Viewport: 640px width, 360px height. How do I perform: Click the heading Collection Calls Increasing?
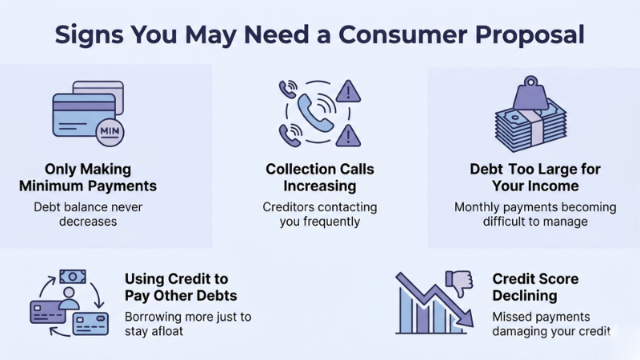click(320, 178)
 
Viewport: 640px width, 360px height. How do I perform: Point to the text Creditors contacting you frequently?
click(319, 214)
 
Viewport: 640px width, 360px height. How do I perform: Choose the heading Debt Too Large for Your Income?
click(534, 178)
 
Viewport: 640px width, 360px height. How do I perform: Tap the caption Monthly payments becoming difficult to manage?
click(535, 214)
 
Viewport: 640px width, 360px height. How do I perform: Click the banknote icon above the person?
click(72, 277)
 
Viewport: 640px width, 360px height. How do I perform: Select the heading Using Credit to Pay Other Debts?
click(181, 287)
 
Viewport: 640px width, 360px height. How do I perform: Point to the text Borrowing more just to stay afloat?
click(187, 323)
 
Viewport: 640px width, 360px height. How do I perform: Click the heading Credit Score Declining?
click(535, 287)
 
